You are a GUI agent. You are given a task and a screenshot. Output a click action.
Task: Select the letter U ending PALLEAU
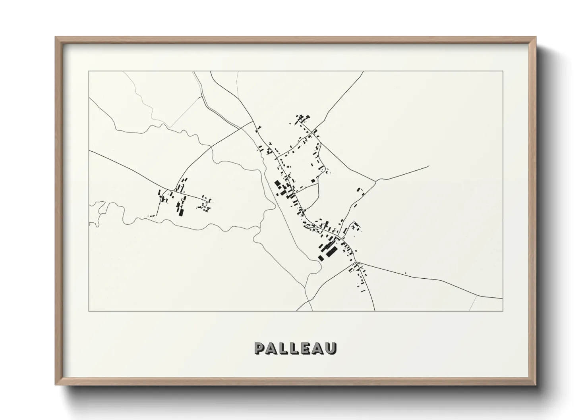click(331, 348)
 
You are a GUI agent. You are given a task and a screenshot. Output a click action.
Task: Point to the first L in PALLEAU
click(280, 348)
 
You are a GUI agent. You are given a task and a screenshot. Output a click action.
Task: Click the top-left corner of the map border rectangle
click(89, 71)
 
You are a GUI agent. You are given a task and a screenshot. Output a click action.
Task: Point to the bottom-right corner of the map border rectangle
click(503, 311)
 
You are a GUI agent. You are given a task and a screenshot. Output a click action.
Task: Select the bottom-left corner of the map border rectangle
click(89, 311)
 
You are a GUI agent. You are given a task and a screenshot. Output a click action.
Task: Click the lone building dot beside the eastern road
click(405, 273)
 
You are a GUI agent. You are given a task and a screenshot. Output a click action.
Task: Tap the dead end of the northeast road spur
click(429, 166)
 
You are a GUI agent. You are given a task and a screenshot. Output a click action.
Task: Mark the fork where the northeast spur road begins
click(376, 180)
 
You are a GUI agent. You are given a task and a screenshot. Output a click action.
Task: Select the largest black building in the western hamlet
click(181, 212)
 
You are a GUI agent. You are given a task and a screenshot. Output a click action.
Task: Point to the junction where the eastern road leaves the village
click(356, 262)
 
